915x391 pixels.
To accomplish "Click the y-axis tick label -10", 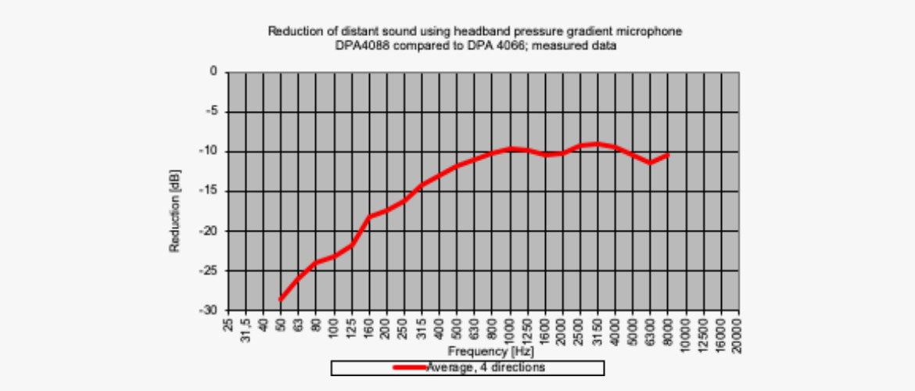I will click(210, 151).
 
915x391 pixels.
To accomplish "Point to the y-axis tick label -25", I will click(210, 271).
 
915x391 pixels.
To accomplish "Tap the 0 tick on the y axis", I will click(213, 72).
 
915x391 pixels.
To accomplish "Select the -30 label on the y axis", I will click(210, 310).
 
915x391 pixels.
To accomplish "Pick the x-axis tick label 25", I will click(228, 323).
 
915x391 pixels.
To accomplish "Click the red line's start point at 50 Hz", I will click(281, 300).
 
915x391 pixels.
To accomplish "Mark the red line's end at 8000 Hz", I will click(668, 155).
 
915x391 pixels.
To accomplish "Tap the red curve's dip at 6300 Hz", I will click(650, 163).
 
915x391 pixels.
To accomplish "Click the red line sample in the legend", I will click(410, 367).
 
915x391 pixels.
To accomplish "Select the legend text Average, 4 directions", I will click(486, 367).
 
